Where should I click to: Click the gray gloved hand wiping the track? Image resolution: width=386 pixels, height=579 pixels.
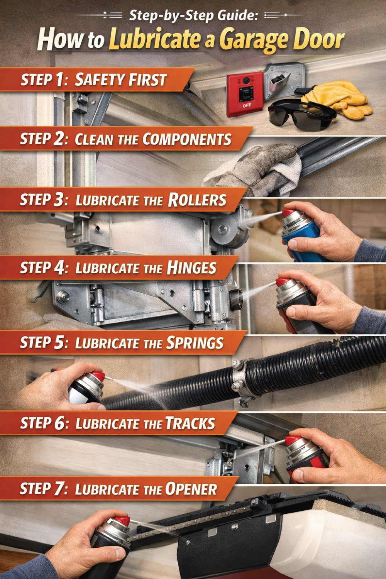[255, 166]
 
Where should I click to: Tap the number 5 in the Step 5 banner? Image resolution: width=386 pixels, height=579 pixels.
[59, 343]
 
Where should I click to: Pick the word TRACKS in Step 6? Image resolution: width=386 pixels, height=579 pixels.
[190, 423]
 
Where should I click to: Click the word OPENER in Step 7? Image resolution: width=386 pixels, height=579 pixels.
[191, 489]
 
